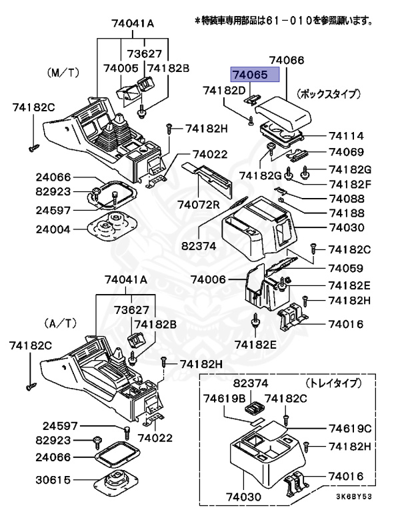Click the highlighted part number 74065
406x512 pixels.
tap(253, 74)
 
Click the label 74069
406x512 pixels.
tap(346, 152)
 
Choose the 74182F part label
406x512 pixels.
tap(346, 183)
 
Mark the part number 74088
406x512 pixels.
tap(346, 198)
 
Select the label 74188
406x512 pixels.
tap(346, 213)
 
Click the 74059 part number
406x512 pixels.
tap(346, 268)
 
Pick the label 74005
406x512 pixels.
tap(121, 68)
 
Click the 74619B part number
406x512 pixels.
tap(220, 399)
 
